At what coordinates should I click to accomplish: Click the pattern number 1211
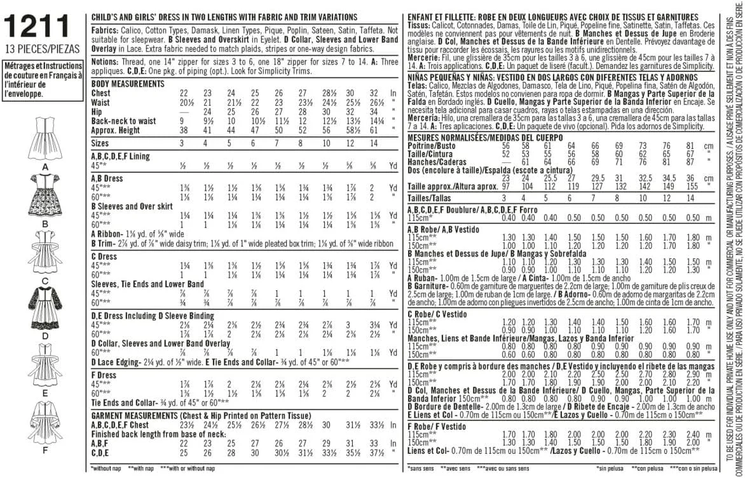coord(38,26)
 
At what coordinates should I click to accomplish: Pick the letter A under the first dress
coord(44,167)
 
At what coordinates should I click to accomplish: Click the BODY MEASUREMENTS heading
coord(128,84)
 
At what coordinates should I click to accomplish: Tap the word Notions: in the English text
coord(105,62)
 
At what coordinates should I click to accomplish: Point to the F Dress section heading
coord(106,376)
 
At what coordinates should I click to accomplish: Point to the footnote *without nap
coord(109,468)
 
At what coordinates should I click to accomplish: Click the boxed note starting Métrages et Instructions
coord(43,80)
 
